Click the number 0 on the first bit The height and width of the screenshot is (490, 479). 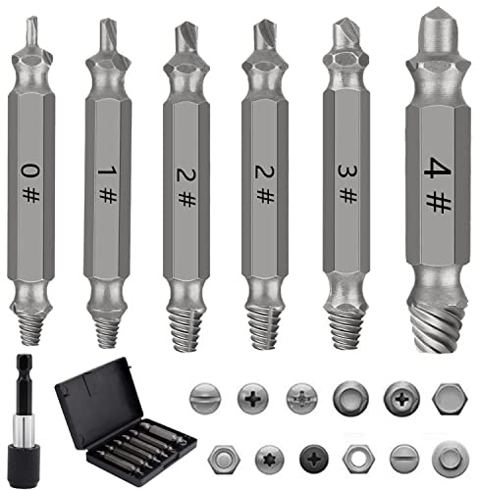click(x=30, y=171)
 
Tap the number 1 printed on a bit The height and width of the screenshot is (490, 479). click(x=107, y=171)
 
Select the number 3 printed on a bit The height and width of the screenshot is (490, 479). click(x=347, y=171)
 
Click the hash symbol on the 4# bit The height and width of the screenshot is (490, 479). click(x=439, y=202)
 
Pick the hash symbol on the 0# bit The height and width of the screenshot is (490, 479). click(x=30, y=195)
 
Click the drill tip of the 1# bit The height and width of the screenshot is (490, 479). click(x=107, y=36)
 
